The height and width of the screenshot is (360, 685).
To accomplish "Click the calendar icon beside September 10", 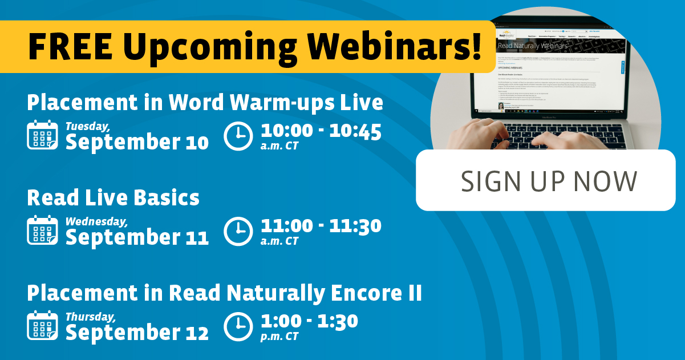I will pyautogui.click(x=42, y=135).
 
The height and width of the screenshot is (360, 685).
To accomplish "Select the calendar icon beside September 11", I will pyautogui.click(x=42, y=230).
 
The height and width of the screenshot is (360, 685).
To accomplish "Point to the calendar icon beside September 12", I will pyautogui.click(x=42, y=325).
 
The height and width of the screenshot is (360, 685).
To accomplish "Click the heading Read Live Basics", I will pyautogui.click(x=113, y=198).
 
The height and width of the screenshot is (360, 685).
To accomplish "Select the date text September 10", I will pyautogui.click(x=137, y=142).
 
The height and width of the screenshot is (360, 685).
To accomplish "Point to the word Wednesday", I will pyautogui.click(x=96, y=221).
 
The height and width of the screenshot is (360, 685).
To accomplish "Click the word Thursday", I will pyautogui.click(x=91, y=316).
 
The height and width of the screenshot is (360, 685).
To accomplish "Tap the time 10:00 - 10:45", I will pyautogui.click(x=321, y=131).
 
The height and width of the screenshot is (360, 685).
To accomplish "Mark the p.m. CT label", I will pyautogui.click(x=279, y=337).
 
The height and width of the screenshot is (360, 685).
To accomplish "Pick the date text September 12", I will pyautogui.click(x=137, y=333).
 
